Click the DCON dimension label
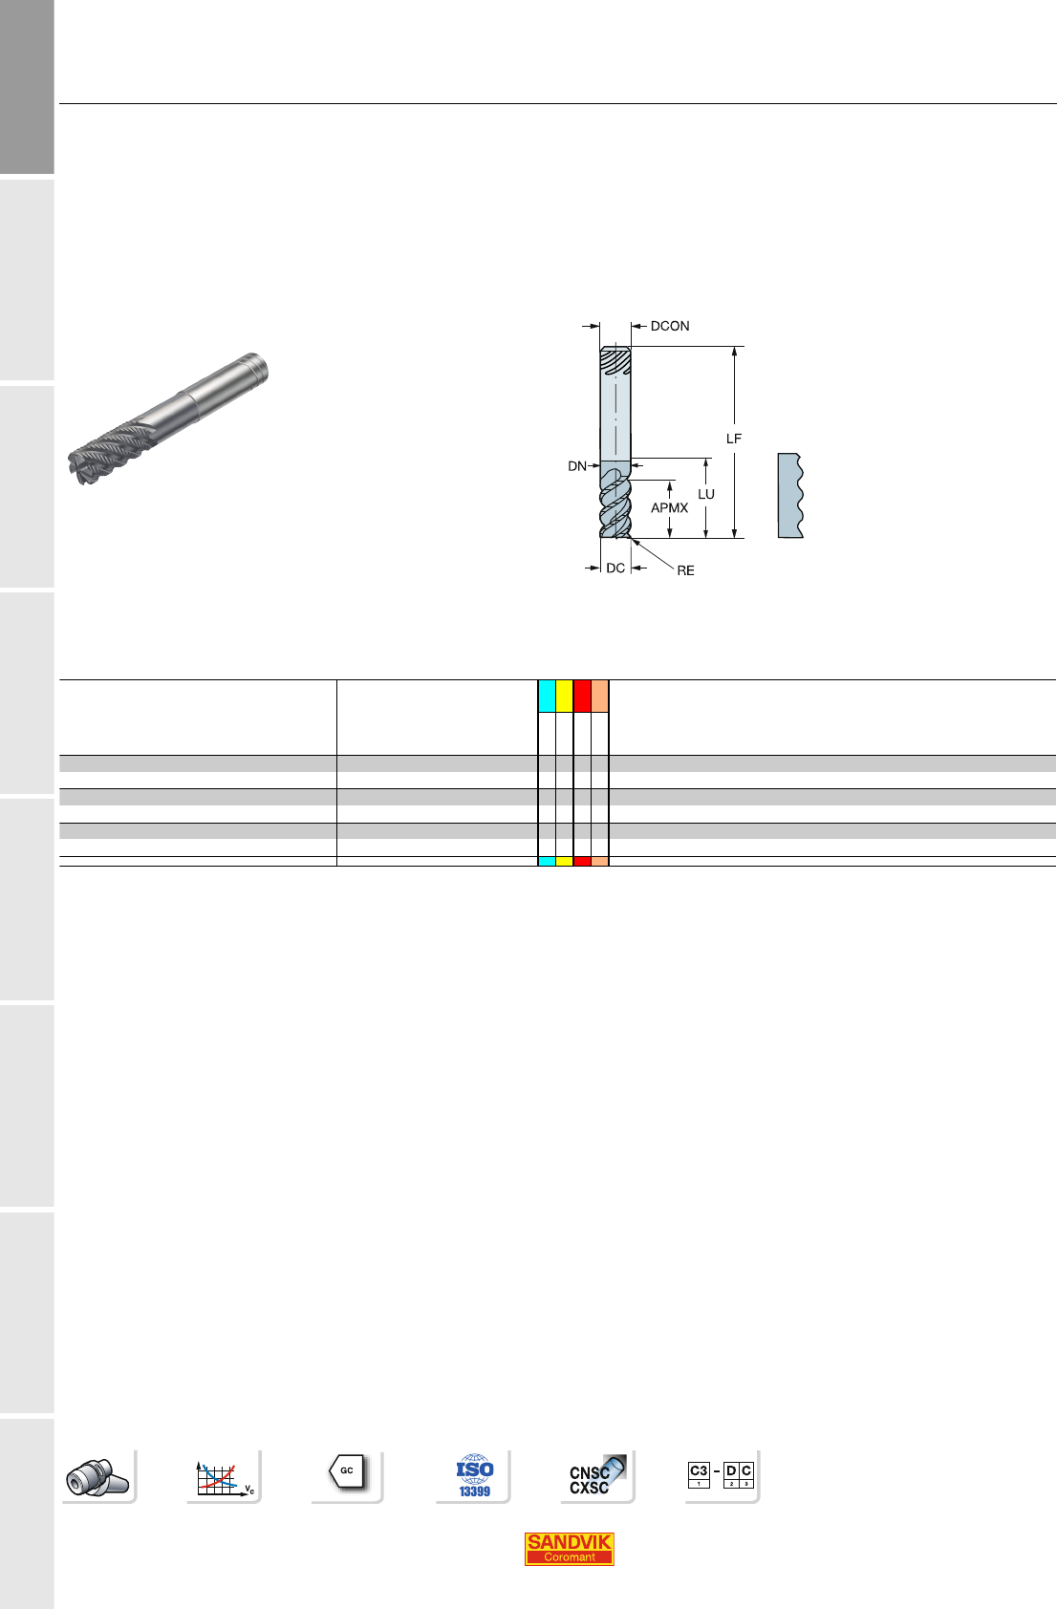[x=670, y=326]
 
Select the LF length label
[x=734, y=439]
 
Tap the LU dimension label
[x=706, y=494]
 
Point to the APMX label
[x=669, y=508]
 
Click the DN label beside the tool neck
[x=577, y=466]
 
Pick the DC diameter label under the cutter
[x=615, y=569]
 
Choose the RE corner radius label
[x=685, y=570]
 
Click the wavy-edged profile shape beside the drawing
[x=790, y=496]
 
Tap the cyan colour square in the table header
[x=547, y=696]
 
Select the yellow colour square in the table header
[x=564, y=696]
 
